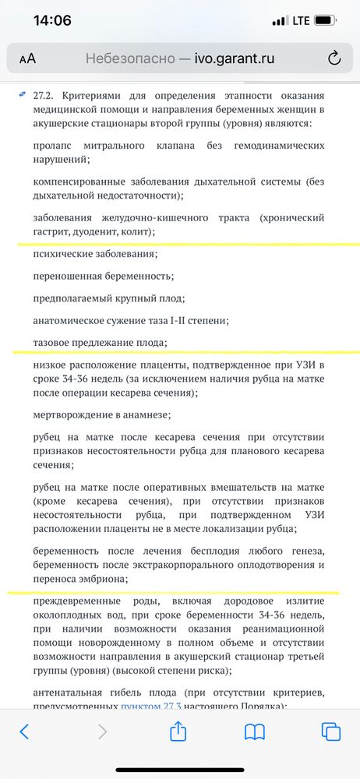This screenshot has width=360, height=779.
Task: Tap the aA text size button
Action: pos(26,58)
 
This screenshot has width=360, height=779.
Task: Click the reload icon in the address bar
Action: pos(334,58)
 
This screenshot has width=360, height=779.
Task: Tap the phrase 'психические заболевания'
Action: pos(96,254)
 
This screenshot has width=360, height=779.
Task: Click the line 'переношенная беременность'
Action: pos(104,276)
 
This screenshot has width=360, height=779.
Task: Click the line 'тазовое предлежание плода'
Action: pos(101,342)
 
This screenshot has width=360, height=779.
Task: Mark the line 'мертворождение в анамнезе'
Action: pos(102,415)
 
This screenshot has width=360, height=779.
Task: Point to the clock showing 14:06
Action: pos(52,21)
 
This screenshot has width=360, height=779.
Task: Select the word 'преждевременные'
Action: pos(77,601)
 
